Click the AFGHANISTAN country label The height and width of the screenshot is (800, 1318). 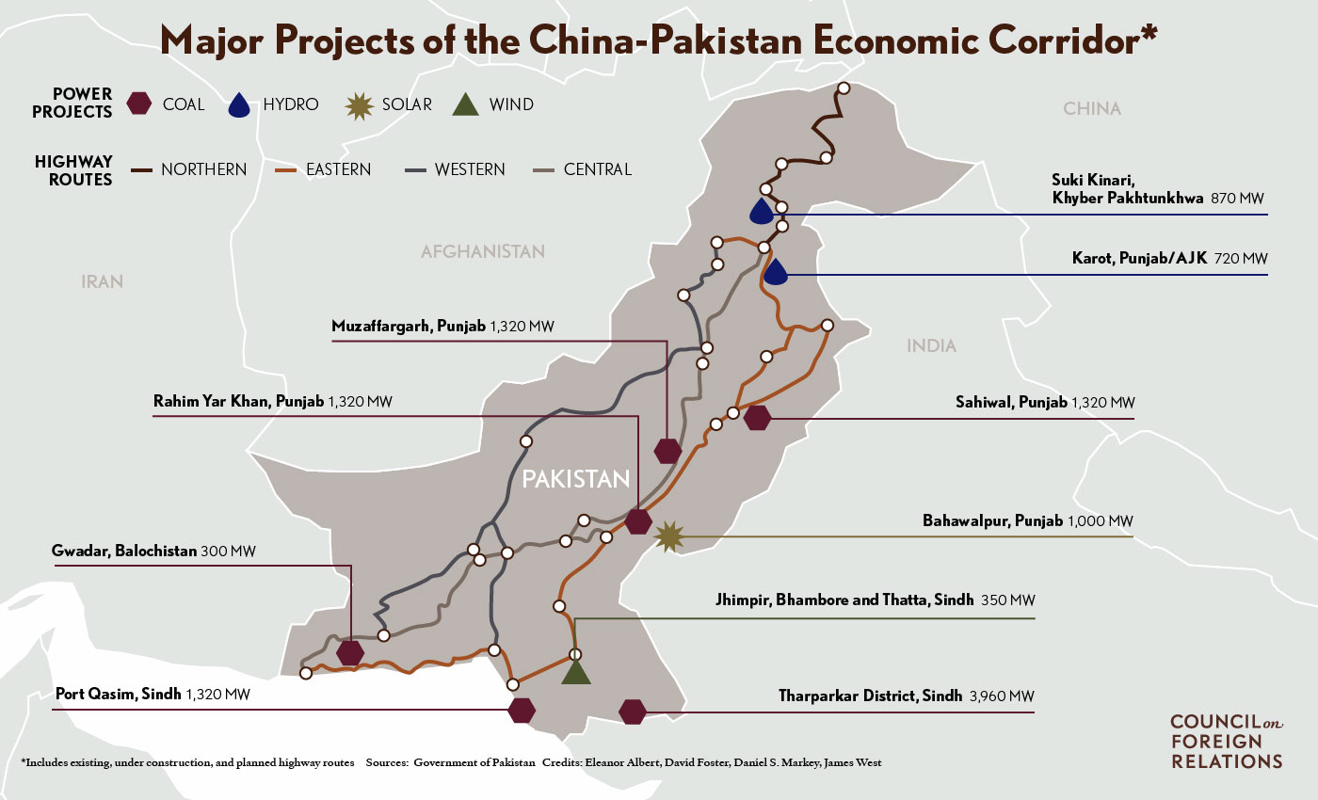(483, 251)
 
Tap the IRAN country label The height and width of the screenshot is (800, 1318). (103, 281)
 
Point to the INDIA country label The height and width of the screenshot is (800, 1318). (931, 346)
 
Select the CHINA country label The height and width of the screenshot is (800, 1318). (1092, 108)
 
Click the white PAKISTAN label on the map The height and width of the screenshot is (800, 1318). (575, 479)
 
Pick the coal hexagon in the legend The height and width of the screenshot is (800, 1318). (140, 104)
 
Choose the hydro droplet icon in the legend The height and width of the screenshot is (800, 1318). (242, 104)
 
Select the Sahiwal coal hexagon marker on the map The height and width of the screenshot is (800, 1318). (757, 418)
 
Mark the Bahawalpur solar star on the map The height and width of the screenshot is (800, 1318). (669, 536)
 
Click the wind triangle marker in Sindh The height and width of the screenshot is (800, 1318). (575, 670)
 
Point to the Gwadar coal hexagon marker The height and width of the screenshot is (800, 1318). (350, 652)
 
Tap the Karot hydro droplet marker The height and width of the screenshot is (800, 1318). (775, 273)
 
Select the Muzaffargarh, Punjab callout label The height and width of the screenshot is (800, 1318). (409, 327)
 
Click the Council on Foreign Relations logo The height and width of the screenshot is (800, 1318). (1225, 741)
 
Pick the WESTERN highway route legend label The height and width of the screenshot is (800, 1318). (470, 169)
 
